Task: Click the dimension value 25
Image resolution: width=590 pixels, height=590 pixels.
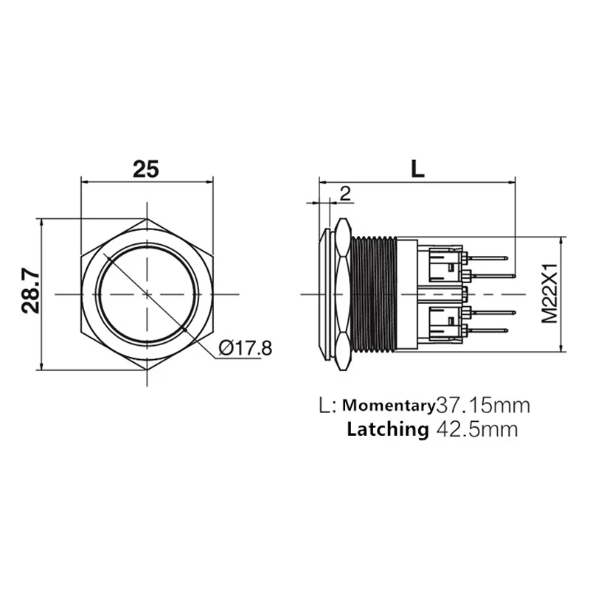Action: (x=146, y=169)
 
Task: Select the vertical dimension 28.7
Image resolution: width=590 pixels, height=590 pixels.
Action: (x=30, y=291)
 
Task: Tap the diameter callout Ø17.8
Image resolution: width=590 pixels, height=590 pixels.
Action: (x=245, y=348)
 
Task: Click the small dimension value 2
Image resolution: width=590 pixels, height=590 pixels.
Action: (x=345, y=193)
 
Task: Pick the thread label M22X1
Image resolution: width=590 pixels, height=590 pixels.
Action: (x=549, y=294)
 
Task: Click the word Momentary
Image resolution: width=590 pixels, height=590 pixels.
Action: (x=389, y=405)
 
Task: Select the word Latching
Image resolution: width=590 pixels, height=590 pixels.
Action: (x=388, y=429)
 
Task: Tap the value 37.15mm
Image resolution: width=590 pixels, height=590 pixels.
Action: (x=483, y=405)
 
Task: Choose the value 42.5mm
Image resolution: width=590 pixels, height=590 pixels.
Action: (x=477, y=429)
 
